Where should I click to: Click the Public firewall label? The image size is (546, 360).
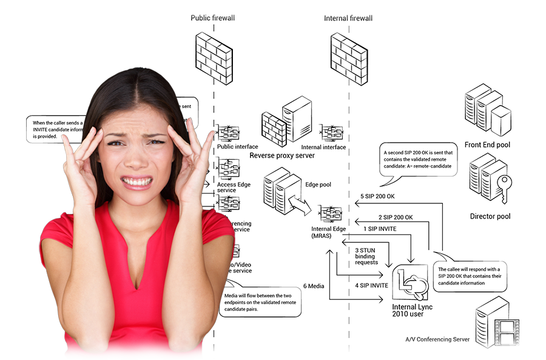tap(212, 18)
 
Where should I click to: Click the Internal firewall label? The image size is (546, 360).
tap(348, 18)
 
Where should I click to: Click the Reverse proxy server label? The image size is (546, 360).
tap(282, 156)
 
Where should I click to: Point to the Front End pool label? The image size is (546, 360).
tap(487, 145)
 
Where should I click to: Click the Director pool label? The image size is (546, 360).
tap(490, 216)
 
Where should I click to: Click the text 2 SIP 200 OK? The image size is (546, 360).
tap(396, 217)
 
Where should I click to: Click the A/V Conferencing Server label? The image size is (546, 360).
tap(437, 339)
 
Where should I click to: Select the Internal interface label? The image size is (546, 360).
tap(323, 147)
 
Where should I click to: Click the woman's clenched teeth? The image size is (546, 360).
tap(137, 182)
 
